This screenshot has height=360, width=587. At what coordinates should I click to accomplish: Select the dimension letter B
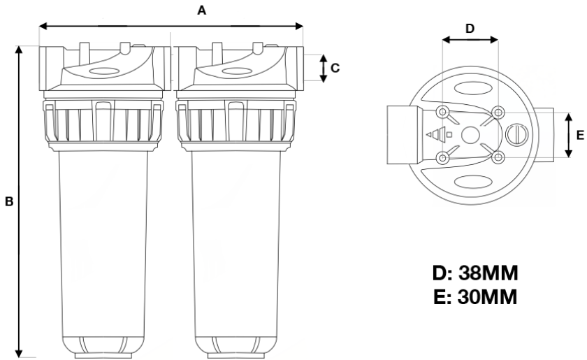tap(9, 201)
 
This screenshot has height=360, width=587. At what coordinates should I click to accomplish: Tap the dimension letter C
tap(335, 68)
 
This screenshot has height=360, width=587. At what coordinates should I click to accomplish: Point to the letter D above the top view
tap(470, 29)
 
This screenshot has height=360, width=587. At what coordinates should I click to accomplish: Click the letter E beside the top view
tap(579, 135)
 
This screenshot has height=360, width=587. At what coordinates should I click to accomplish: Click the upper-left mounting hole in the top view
tap(442, 113)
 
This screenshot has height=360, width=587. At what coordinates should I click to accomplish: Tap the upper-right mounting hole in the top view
tap(498, 113)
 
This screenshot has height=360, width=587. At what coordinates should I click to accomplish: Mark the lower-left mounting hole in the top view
tap(442, 157)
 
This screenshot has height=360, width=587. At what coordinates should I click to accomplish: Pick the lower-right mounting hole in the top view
tap(498, 157)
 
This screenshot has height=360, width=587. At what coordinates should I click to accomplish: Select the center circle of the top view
tap(470, 135)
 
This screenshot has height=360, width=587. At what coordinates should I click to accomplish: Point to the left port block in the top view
tap(403, 135)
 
